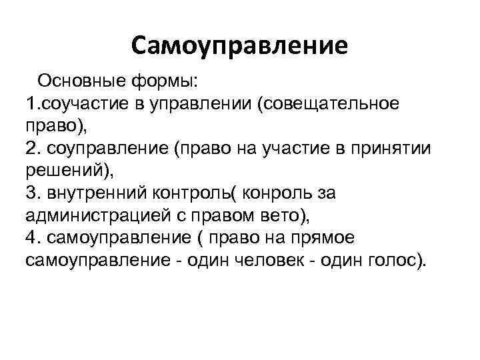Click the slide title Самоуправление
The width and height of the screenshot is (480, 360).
point(239,45)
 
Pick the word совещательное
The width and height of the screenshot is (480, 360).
point(331,104)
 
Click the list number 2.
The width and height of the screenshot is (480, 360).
point(31,148)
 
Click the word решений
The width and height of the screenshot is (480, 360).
point(64,170)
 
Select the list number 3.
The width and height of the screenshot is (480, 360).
point(31,193)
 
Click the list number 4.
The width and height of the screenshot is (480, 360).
point(31,237)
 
